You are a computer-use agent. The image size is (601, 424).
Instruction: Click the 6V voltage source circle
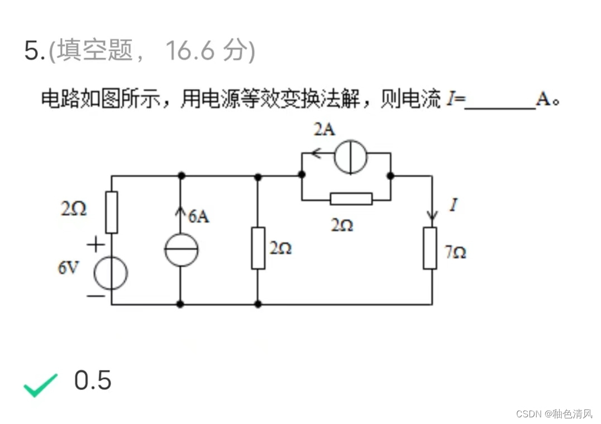111,273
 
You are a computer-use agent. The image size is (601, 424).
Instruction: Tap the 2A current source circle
351,155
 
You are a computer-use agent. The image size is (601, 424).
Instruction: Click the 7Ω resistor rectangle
430,248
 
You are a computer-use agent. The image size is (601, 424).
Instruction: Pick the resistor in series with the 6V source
112,212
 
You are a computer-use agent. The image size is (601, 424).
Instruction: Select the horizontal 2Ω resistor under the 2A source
351,199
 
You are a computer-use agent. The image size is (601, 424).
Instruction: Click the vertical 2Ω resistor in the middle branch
257,248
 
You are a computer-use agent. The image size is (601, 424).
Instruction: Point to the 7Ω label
456,253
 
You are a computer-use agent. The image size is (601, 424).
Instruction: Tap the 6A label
198,216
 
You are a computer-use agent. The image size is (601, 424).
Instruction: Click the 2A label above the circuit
324,130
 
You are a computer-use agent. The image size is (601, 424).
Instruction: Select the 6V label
69,268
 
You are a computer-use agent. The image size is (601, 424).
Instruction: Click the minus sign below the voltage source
96,296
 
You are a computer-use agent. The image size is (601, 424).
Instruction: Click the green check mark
41,384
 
